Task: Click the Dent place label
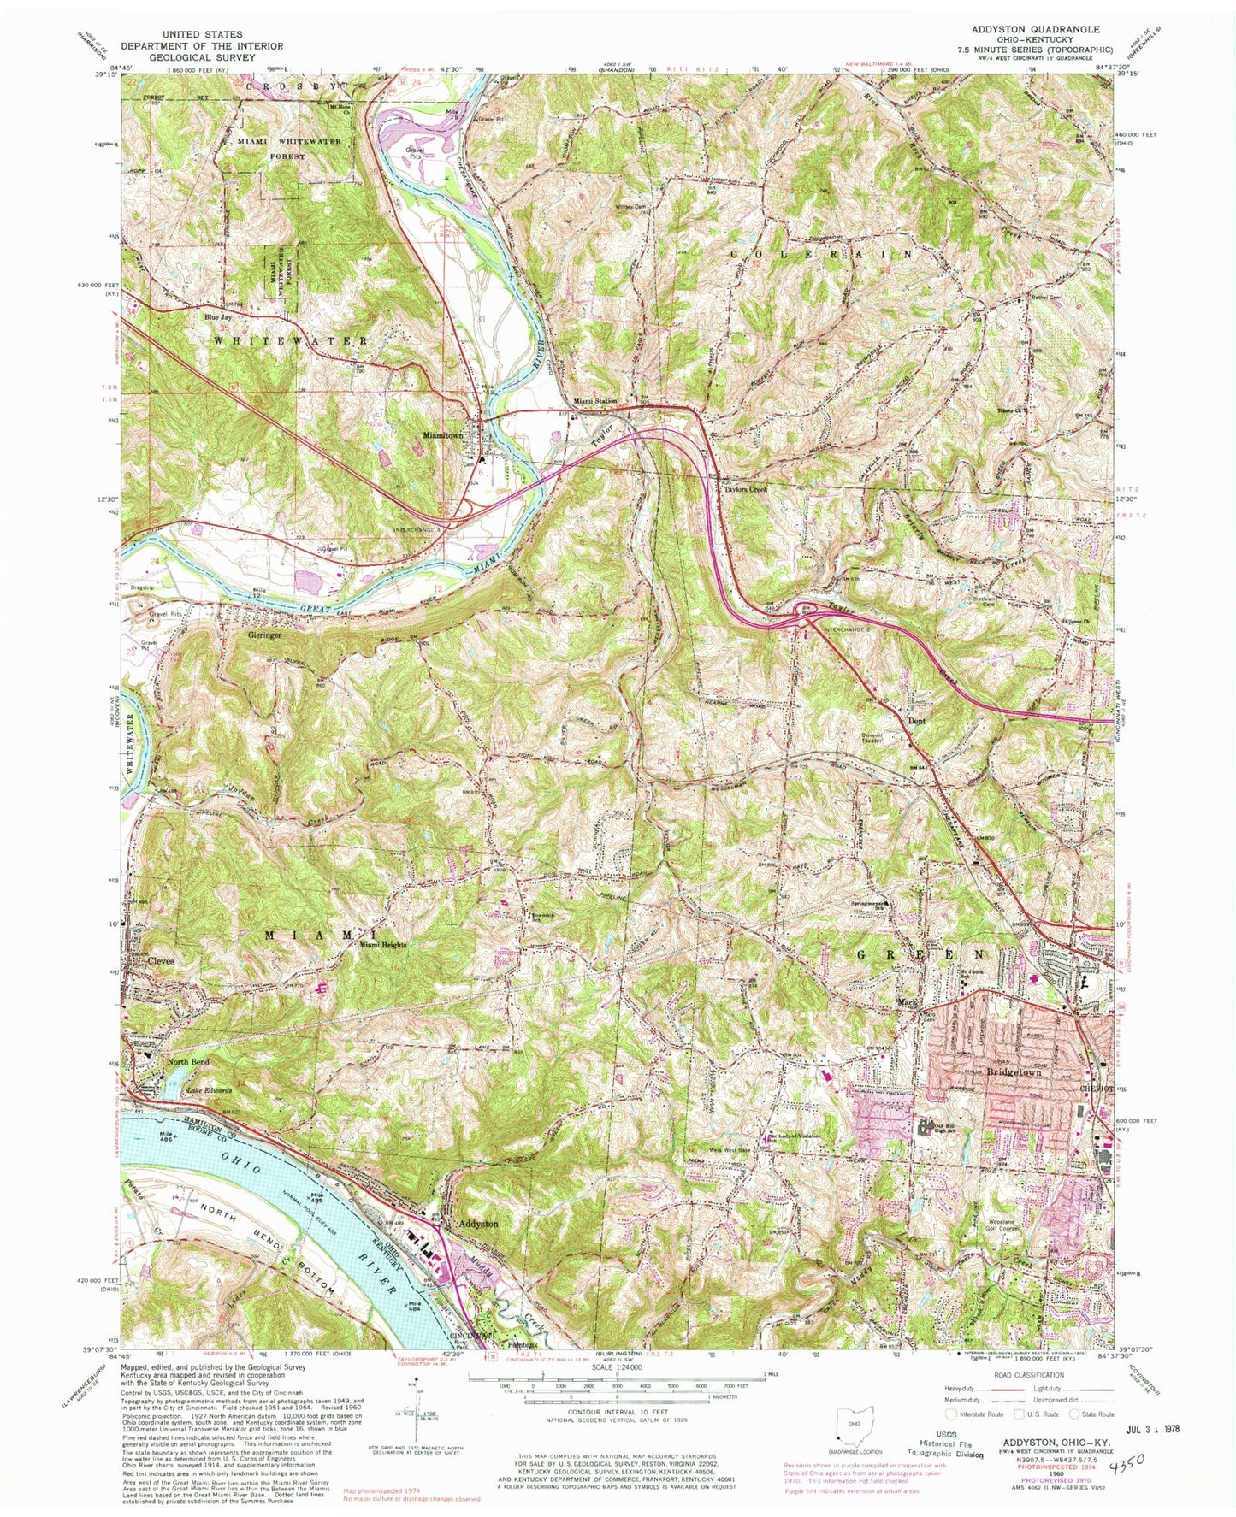pyautogui.click(x=915, y=720)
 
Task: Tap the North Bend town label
pyautogui.click(x=187, y=1062)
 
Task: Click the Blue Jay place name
pyautogui.click(x=217, y=316)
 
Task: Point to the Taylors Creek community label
pyautogui.click(x=743, y=490)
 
